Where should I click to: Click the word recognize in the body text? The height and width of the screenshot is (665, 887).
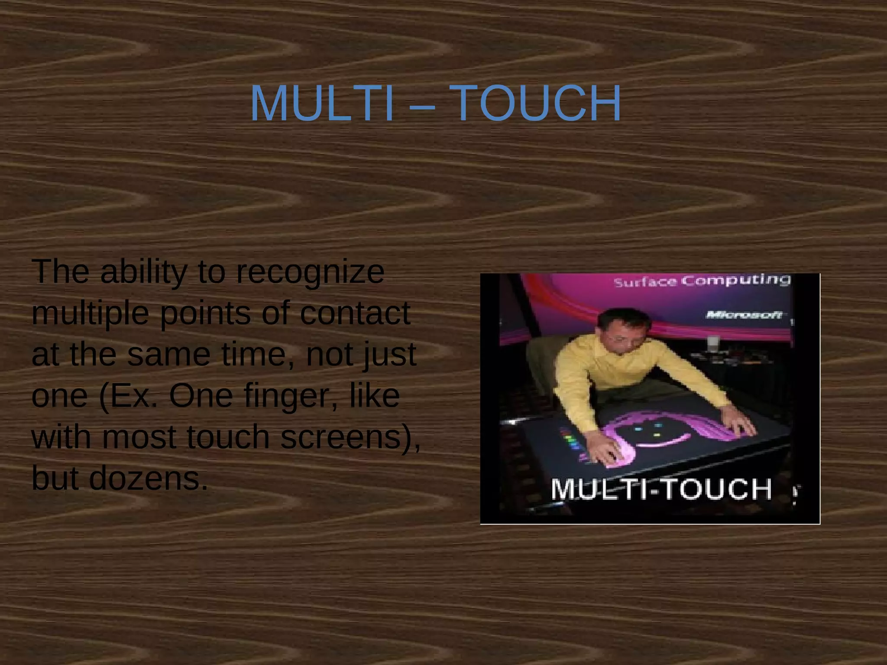(x=310, y=273)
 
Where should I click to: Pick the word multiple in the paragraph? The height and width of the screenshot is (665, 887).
(x=91, y=313)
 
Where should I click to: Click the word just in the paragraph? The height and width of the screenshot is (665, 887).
(x=390, y=355)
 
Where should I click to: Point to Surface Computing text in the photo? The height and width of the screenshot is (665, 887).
(x=702, y=281)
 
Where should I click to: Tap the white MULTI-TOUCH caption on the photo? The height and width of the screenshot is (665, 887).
(x=661, y=489)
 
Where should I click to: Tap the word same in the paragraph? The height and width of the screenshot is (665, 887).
(x=168, y=355)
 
